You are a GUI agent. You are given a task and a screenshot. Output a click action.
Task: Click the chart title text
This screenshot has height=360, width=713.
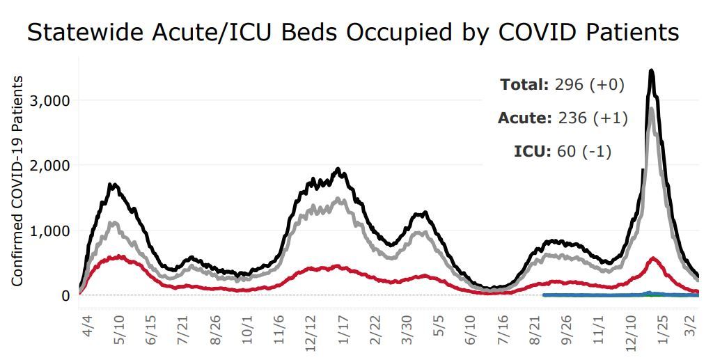point(352,32)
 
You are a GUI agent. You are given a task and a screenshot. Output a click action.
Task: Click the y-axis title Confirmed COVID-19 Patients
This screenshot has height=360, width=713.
point(18,181)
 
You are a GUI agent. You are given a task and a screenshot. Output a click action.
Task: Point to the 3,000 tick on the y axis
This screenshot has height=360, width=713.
point(52,100)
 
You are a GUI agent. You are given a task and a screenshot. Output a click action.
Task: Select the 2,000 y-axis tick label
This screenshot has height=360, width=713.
point(52,165)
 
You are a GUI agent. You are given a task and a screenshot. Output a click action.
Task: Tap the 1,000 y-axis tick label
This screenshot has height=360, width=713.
point(52,230)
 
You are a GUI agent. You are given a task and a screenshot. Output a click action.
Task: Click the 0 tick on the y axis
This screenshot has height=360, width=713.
point(65,295)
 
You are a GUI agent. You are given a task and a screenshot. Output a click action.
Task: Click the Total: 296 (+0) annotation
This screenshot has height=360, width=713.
point(562,85)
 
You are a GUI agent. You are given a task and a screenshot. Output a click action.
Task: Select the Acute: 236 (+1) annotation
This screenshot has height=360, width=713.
point(563,118)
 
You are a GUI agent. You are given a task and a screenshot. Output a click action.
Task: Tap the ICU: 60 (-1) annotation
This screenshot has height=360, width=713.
point(563,151)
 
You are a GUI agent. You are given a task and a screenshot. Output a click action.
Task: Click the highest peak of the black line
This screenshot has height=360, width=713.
point(651,70)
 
